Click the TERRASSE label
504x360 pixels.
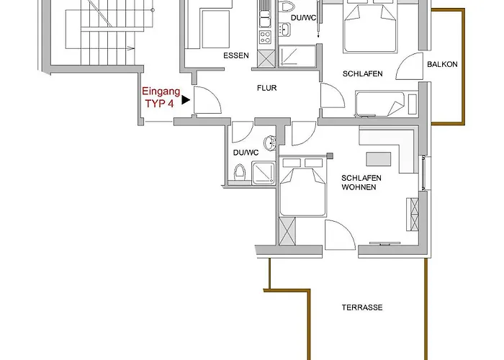pos(362,307)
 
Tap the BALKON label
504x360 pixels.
pos(442,64)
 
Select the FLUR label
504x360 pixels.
pos(267,88)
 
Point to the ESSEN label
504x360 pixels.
pos(236,55)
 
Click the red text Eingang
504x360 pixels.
pos(161,91)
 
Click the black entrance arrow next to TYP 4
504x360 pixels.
pos(186,100)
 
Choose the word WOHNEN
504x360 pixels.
pos(359,187)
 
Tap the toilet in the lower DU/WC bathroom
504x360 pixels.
pos(240,172)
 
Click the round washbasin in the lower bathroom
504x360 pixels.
pos(270,143)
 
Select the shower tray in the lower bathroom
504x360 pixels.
pos(264,174)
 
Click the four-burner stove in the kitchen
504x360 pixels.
pos(265,37)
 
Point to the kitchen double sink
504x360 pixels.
pos(265,19)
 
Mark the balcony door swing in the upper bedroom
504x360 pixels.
pos(409,66)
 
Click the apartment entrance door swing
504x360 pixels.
pos(207,100)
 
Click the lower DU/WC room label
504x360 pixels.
pos(246,153)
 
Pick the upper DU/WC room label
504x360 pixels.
pos(303,18)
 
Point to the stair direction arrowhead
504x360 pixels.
pos(131,48)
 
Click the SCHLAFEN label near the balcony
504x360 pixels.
pos(363,74)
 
